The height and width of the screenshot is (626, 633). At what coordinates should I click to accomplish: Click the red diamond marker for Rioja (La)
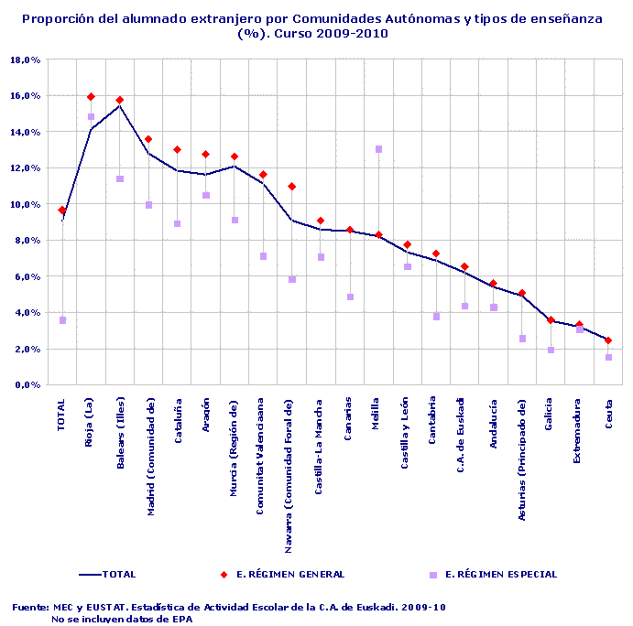[91, 96]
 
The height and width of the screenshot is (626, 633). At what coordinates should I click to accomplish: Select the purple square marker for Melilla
[378, 149]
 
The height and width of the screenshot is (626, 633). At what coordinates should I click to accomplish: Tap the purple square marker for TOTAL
[62, 320]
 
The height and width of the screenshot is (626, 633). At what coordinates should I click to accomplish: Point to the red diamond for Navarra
[292, 187]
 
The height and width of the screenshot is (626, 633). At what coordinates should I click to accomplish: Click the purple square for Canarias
[350, 297]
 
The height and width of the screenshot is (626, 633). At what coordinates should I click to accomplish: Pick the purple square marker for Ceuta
[608, 357]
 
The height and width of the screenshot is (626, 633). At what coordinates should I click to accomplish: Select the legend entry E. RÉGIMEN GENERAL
[289, 575]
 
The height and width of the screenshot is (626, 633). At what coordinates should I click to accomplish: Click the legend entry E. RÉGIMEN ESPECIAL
[500, 575]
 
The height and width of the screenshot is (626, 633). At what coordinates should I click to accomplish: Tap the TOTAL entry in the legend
[118, 575]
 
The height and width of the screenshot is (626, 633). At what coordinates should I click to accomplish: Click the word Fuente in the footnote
[30, 607]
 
